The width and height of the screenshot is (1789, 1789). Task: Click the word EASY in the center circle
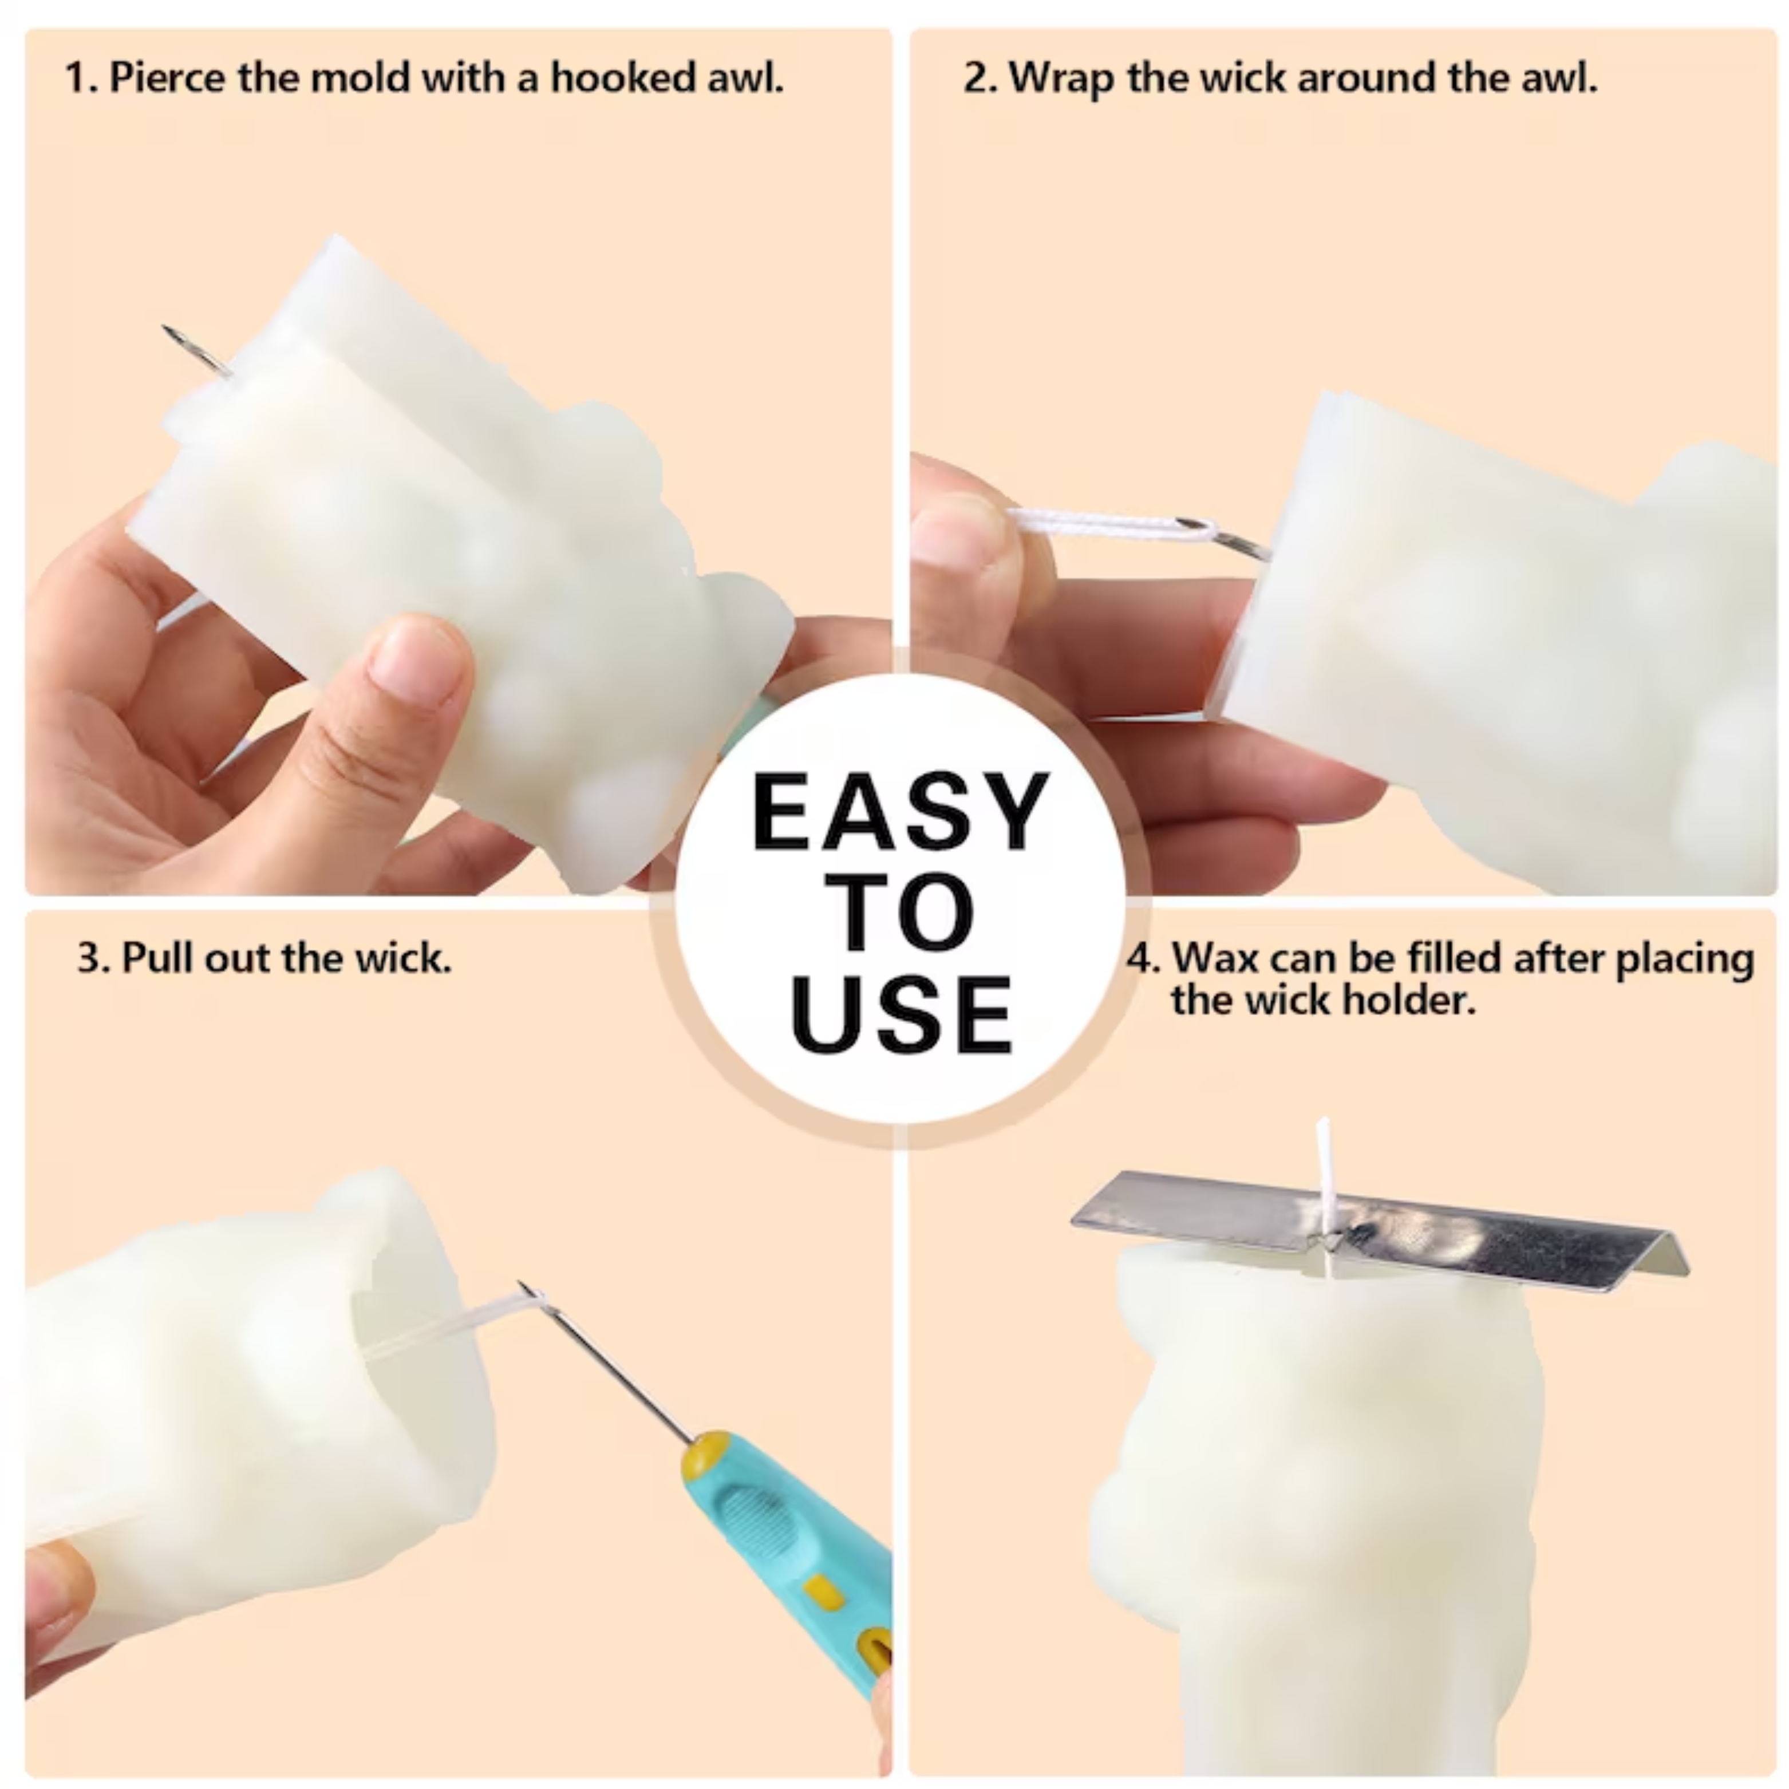(x=900, y=812)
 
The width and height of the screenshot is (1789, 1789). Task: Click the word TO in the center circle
(x=900, y=913)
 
